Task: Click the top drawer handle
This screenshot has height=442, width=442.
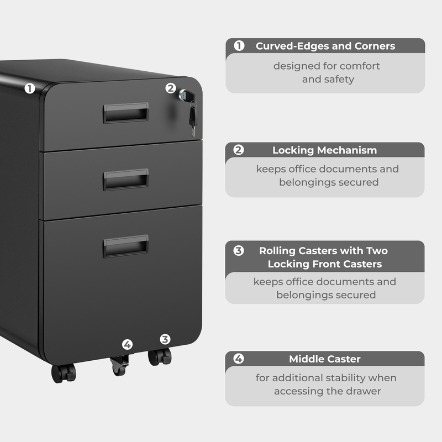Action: tap(125, 113)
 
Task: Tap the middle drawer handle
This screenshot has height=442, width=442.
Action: tap(125, 180)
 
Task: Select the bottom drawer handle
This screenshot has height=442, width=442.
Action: tap(125, 246)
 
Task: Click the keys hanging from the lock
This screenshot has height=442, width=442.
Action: tap(192, 117)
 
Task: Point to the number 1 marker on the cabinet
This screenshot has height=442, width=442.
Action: tap(30, 88)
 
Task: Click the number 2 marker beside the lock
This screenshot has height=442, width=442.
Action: tap(171, 87)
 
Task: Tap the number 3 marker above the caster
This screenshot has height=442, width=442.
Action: tap(165, 339)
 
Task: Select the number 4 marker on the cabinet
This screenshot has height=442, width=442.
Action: tap(128, 345)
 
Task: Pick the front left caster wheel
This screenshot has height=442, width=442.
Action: tap(63, 372)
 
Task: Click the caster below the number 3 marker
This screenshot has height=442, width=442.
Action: tap(160, 357)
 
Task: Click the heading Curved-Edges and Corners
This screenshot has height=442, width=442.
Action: tap(325, 46)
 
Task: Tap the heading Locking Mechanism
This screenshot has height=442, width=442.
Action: tap(324, 150)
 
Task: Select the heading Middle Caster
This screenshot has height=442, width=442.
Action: tap(324, 359)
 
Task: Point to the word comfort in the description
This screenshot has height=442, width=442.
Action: tap(360, 66)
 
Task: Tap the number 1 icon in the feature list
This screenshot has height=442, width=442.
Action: tap(239, 46)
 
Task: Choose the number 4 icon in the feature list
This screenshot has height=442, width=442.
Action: tap(239, 359)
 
